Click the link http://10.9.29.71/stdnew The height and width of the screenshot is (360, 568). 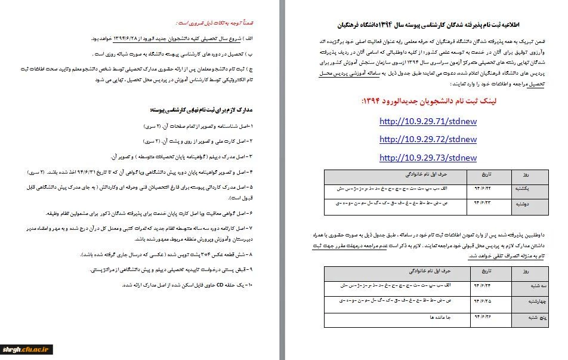tap(428, 121)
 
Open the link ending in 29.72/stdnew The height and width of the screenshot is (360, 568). tap(428, 139)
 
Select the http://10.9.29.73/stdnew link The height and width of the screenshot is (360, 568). tap(428, 158)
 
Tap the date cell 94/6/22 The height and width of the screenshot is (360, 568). tap(480, 188)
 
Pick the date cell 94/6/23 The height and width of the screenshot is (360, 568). tap(480, 203)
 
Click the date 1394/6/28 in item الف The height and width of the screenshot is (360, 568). tap(117, 39)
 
